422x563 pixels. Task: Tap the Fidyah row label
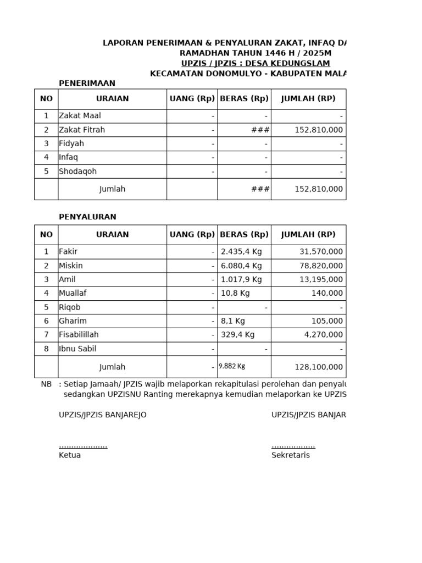pos(71,143)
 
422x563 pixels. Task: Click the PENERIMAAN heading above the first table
pos(87,83)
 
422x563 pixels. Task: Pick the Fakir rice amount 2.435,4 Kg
pos(242,252)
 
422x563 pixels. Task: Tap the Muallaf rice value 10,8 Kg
pos(235,294)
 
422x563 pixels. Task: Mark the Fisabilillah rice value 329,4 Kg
pos(237,335)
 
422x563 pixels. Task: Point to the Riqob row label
pos(70,307)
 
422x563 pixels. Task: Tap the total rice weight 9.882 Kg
pos(232,366)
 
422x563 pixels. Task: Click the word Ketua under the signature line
pos(70,455)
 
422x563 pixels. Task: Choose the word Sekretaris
pos(290,455)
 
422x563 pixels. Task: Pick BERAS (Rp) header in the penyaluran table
pos(244,235)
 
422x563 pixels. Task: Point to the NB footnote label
pos(46,384)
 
